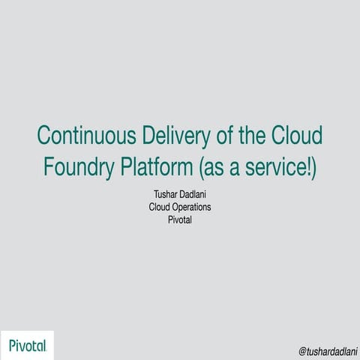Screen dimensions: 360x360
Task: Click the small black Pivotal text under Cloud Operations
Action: pos(180,220)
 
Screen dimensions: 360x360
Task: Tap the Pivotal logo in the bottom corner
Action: pos(28,345)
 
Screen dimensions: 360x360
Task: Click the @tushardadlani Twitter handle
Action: pos(327,350)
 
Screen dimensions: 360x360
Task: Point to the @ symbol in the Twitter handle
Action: pos(302,350)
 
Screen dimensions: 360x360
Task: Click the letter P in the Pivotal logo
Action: pos(13,345)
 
